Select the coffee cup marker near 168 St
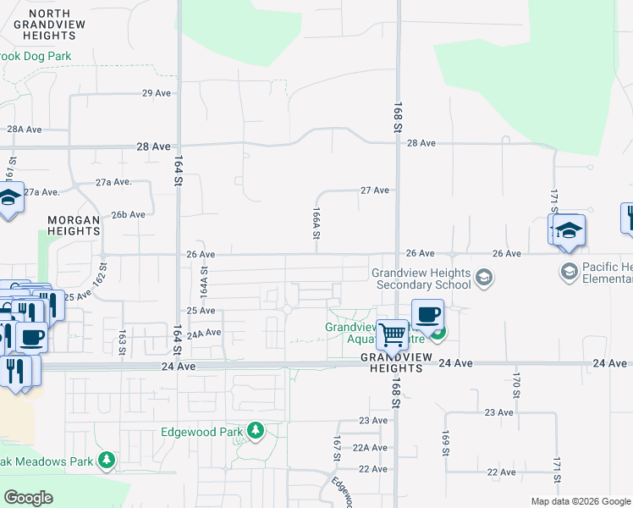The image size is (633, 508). point(428,314)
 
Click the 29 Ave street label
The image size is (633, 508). point(157,93)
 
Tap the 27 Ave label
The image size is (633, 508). point(374,190)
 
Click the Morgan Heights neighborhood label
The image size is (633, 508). point(74,224)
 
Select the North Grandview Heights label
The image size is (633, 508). point(50,25)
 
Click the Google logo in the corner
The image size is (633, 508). point(28,497)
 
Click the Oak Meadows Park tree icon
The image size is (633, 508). point(107,461)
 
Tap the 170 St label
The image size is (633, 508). point(515,383)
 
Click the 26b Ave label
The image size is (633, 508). point(128,215)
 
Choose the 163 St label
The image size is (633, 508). point(123,343)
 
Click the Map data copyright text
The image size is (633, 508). point(580,502)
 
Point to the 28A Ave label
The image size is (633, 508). point(25,130)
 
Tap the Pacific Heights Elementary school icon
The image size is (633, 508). point(569,271)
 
